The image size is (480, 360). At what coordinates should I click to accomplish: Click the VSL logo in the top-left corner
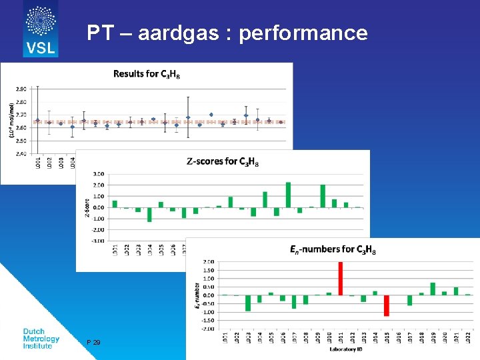click(41, 29)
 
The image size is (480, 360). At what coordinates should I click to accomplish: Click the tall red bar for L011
click(341, 278)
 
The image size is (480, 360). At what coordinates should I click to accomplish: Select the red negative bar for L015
click(386, 305)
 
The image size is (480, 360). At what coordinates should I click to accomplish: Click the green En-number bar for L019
click(433, 289)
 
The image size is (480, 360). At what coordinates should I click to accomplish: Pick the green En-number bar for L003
click(248, 303)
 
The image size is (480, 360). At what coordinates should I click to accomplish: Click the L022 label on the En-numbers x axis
click(467, 338)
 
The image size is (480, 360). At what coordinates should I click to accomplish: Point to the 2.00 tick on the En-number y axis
click(208, 261)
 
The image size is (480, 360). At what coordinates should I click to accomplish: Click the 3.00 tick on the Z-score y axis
click(98, 174)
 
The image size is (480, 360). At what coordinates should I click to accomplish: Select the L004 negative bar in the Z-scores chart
click(149, 214)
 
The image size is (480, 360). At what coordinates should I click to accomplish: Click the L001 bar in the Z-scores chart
click(115, 204)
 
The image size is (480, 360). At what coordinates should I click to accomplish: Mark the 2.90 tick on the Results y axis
click(21, 89)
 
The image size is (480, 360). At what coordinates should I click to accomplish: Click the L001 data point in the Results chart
click(37, 121)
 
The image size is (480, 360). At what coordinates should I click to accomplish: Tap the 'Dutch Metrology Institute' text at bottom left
click(41, 339)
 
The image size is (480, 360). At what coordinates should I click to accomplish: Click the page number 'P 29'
click(93, 342)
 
